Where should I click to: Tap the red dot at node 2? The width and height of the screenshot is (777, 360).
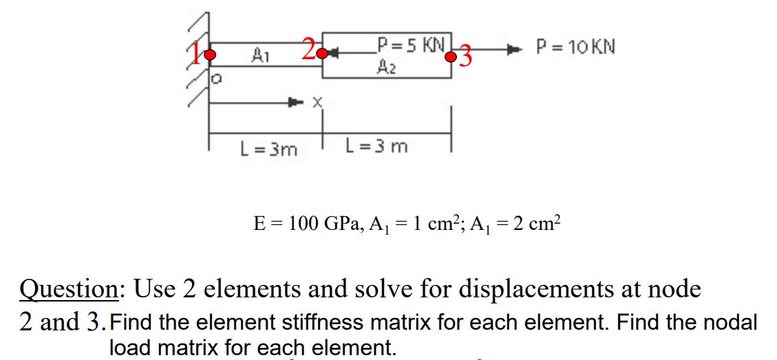pos(321,53)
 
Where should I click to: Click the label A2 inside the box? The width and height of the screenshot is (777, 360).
pos(385,66)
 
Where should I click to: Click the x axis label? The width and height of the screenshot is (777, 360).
pos(317,103)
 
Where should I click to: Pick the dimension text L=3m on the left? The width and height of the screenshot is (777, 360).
pos(268,149)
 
